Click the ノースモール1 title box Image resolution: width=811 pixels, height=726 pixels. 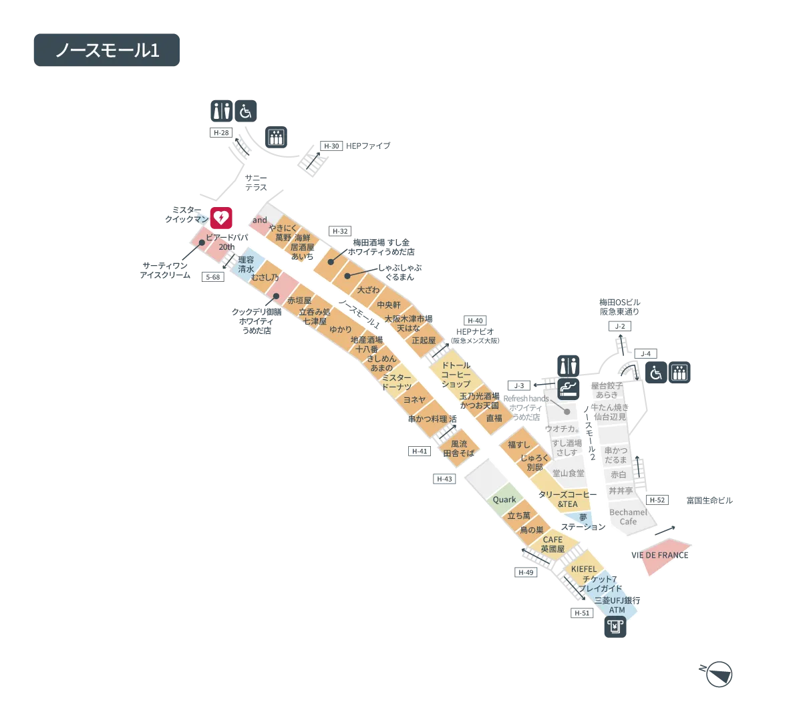pyautogui.click(x=107, y=51)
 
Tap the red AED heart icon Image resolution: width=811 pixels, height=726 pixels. pyautogui.click(x=221, y=218)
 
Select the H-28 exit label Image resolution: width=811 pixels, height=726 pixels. pyautogui.click(x=220, y=133)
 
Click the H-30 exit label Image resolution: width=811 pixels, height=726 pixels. pyautogui.click(x=331, y=146)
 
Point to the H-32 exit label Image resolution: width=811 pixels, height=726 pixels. pyautogui.click(x=340, y=232)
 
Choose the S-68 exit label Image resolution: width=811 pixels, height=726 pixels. pyautogui.click(x=212, y=277)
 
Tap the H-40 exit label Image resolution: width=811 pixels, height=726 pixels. pyautogui.click(x=475, y=321)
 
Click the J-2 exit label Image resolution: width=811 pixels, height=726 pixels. pyautogui.click(x=620, y=326)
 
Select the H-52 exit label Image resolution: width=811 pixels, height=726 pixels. pyautogui.click(x=657, y=500)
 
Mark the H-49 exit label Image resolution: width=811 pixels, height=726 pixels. pyautogui.click(x=526, y=572)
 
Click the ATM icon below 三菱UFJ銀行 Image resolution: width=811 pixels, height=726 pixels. pyautogui.click(x=617, y=628)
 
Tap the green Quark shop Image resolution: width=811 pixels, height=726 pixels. pyautogui.click(x=504, y=500)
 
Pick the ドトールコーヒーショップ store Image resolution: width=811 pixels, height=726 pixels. pyautogui.click(x=456, y=375)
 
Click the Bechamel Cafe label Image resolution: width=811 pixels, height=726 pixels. pyautogui.click(x=628, y=517)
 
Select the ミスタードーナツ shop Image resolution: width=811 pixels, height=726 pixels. pyautogui.click(x=397, y=382)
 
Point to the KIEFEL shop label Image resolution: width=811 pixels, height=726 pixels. pyautogui.click(x=584, y=569)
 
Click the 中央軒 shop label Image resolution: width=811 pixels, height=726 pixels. pyautogui.click(x=389, y=305)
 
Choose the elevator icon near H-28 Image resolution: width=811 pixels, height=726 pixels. pyautogui.click(x=275, y=136)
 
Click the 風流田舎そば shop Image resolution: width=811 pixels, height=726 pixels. pyautogui.click(x=459, y=448)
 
